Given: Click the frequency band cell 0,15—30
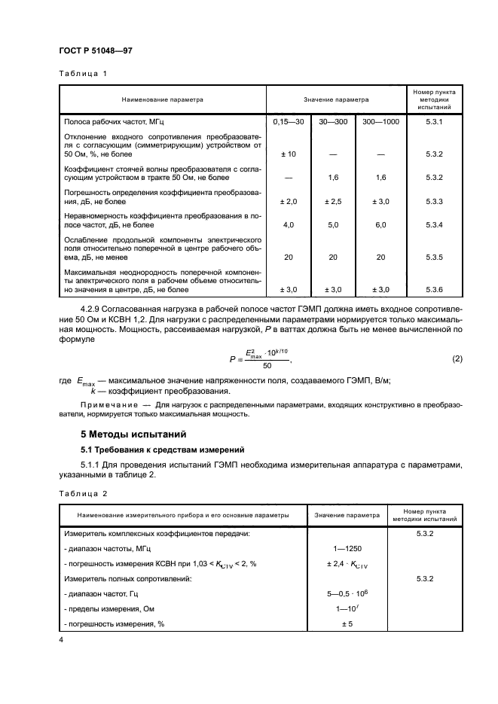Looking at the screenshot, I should coord(286,121).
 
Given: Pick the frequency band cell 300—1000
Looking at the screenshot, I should coord(380,121).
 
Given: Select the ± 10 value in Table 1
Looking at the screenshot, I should coord(286,154).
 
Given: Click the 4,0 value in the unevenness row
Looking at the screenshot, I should coord(286,224).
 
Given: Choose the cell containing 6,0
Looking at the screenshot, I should coord(380,224).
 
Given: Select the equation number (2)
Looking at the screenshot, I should coord(457,337).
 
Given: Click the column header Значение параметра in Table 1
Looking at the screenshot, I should coord(336,99).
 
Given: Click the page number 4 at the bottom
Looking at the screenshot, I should coord(61,639).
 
